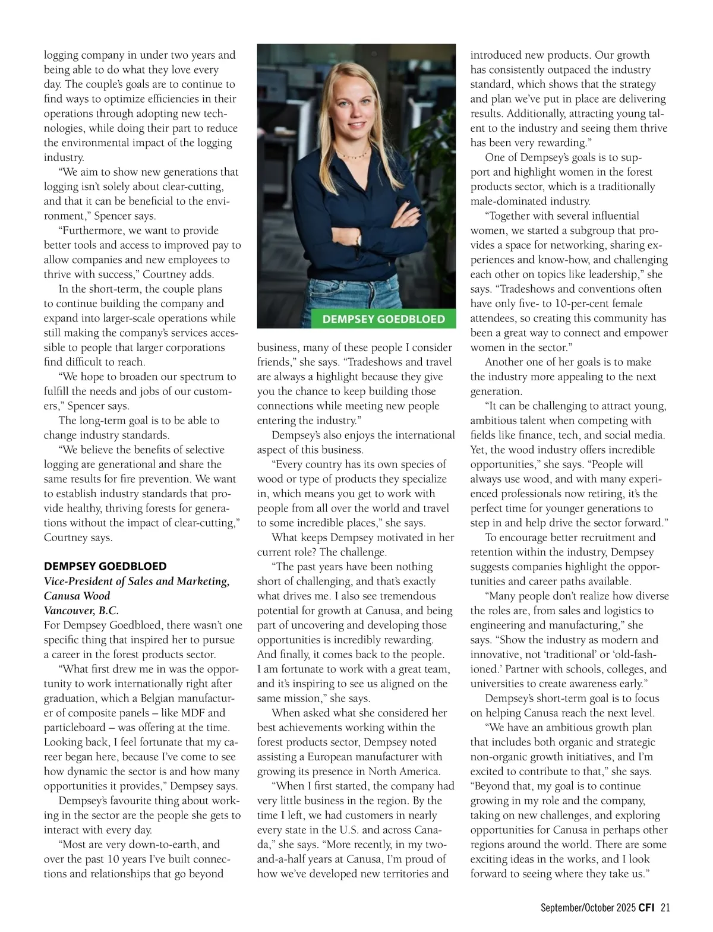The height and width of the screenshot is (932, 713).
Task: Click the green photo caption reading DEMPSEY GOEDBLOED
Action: tap(383, 319)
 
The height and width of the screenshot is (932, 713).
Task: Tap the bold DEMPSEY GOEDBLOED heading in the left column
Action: tap(105, 566)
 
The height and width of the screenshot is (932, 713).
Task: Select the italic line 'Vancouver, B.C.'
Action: tap(81, 610)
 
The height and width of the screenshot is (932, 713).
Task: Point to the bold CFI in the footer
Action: tap(648, 907)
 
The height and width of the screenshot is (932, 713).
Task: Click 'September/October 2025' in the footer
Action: tap(588, 907)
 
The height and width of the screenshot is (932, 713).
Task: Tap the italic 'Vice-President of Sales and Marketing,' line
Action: tap(137, 581)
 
